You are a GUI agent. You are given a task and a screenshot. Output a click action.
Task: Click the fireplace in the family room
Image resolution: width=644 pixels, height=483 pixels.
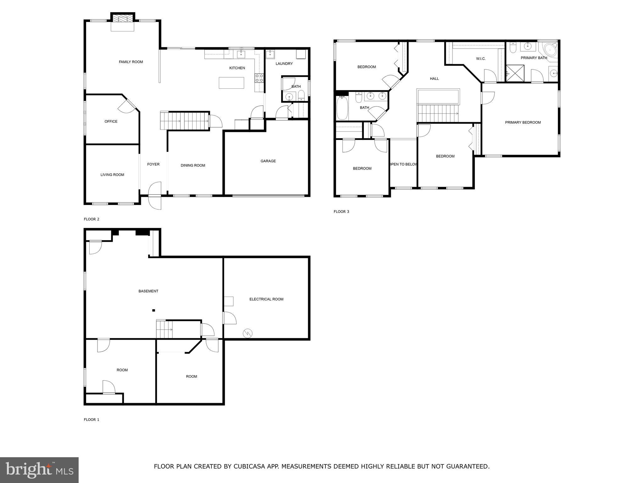[x=123, y=19]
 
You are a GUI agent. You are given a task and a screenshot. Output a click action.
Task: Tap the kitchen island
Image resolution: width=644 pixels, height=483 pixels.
[x=231, y=83]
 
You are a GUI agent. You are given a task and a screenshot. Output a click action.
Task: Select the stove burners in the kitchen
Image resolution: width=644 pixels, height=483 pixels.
[x=259, y=78]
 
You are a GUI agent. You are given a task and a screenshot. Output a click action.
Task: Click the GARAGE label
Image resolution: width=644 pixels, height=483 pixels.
[x=268, y=161]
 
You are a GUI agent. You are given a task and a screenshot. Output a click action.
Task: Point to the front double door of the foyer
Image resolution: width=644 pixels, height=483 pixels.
[x=155, y=196]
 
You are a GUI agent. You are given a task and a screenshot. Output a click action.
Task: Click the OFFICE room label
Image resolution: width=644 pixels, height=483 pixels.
[x=111, y=121]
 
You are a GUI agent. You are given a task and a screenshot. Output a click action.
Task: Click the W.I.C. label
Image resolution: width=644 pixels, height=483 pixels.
[x=481, y=59]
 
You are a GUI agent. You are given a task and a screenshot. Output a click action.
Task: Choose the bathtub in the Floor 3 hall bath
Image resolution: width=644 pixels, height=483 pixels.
[x=342, y=108]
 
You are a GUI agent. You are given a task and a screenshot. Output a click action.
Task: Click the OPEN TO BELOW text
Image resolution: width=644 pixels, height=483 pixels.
[x=403, y=164]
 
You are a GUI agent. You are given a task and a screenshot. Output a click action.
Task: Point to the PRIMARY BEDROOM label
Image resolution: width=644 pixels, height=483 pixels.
[x=523, y=123]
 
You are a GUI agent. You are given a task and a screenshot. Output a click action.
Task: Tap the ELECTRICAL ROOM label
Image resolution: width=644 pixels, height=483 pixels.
[x=266, y=299]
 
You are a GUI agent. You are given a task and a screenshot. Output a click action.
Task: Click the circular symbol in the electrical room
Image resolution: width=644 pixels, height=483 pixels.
[x=248, y=333]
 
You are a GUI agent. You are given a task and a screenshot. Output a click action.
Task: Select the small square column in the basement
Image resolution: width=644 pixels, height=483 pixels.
[x=154, y=310]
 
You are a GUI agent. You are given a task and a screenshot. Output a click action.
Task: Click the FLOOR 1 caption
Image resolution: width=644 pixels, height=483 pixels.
[x=92, y=419]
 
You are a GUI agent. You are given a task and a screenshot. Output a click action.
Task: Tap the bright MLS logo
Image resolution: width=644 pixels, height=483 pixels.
[x=39, y=470]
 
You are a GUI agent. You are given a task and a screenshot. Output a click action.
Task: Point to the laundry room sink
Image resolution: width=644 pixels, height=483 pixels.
[x=270, y=54]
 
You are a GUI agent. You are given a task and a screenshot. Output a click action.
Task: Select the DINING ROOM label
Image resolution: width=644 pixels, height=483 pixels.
[x=193, y=165]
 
